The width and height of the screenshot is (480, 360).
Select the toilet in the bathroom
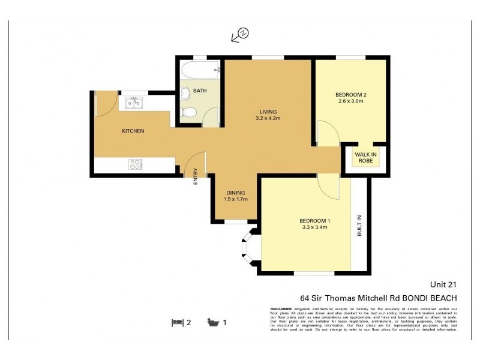coord(188,112)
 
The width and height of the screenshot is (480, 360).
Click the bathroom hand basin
coord(185,93)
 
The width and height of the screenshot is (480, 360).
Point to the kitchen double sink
coord(133,103)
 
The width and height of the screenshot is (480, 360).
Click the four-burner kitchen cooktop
coord(136,164)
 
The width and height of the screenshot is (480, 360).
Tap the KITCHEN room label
coord(133,131)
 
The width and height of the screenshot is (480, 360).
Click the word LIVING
coord(268,112)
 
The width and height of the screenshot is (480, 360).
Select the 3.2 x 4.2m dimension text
coord(268,119)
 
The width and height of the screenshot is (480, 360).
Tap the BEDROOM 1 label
coord(315,221)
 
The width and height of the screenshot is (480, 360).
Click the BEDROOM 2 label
coord(350,94)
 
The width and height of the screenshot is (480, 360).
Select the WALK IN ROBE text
coord(365,158)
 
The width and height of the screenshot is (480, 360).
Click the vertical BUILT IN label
coord(360,226)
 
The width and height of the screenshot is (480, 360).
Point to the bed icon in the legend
coord(177,322)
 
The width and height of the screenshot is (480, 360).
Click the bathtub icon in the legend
coord(213,322)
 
